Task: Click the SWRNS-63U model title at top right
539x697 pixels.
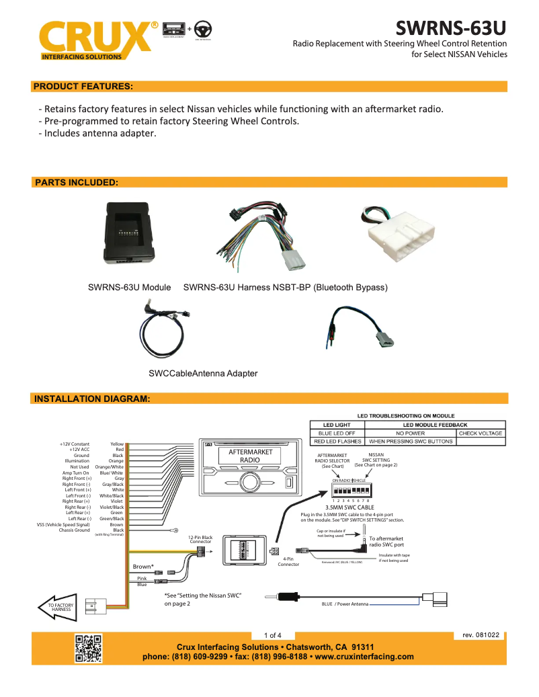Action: click(450, 28)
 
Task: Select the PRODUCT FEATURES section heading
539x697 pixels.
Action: click(83, 86)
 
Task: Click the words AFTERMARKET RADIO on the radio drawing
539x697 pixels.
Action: click(250, 456)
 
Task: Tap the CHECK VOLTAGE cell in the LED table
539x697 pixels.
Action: click(481, 434)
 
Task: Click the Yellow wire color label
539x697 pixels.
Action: click(117, 444)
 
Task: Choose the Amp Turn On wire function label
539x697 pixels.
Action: click(75, 473)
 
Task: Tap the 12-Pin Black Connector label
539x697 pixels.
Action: click(201, 539)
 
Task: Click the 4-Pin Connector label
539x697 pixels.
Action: click(288, 561)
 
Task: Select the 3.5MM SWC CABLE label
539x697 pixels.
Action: click(349, 507)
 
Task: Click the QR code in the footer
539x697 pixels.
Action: click(88, 649)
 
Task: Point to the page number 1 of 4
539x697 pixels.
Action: click(273, 635)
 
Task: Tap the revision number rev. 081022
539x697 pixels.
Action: click(481, 635)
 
